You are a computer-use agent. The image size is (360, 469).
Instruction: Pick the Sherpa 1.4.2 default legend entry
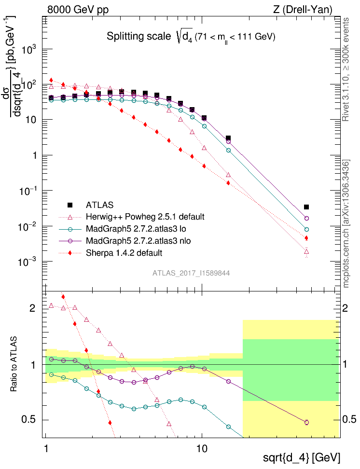pyautogui.click(x=124, y=252)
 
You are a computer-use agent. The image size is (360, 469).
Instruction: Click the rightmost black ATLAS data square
pyautogui.click(x=306, y=207)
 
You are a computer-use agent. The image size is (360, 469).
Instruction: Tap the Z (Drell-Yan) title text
pyautogui.click(x=303, y=9)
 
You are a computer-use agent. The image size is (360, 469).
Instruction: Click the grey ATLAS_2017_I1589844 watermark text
pyautogui.click(x=191, y=273)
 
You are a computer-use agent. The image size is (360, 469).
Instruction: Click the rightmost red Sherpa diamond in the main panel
pyautogui.click(x=306, y=238)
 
